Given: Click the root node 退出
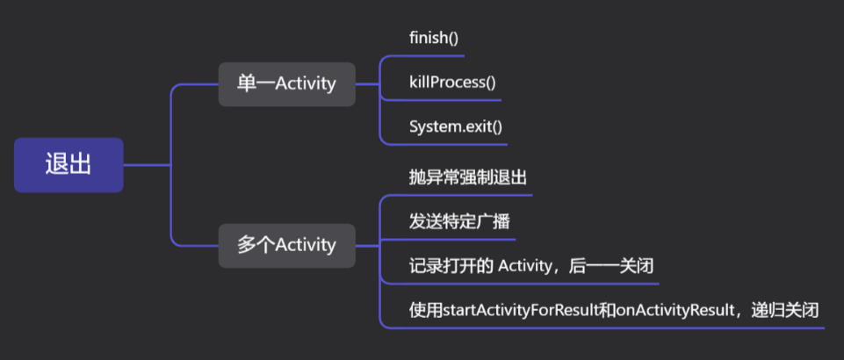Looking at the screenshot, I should point(69,165).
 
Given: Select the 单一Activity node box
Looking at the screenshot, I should point(286,84).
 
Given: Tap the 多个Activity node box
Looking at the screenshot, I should point(286,245).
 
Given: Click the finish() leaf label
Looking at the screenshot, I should point(434,38).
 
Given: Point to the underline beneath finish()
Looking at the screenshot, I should point(422,56).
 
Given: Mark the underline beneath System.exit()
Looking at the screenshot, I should point(444,144).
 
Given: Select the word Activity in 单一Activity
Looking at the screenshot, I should point(306,84).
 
